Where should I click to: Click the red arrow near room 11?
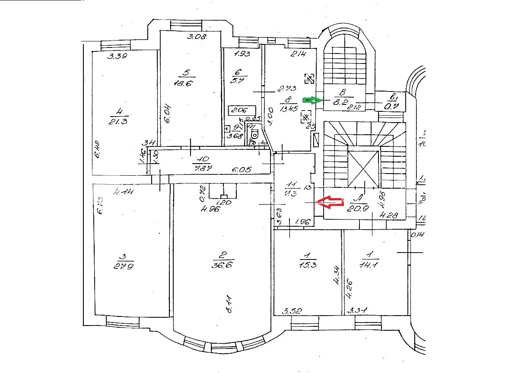pos(330,202)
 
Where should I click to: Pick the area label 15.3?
pos(307,265)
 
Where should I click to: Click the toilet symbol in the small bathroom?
pos(254,133)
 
